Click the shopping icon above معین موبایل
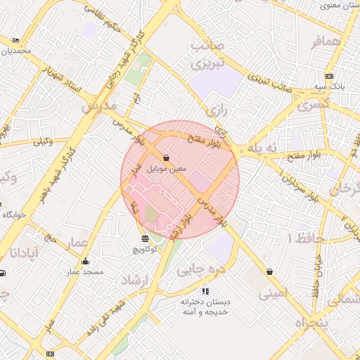pos(166,158)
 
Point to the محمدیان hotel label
pos(15,51)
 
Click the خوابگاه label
pos(13,214)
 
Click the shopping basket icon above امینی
pos(269,271)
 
